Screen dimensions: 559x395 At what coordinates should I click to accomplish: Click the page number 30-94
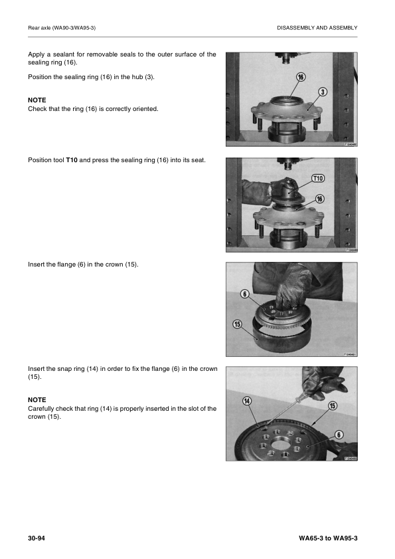[37, 537]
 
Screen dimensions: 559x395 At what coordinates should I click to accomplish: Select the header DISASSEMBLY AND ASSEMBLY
[317, 27]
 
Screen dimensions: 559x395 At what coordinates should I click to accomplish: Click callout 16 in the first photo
[301, 77]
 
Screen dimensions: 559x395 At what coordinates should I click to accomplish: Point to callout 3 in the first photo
[322, 92]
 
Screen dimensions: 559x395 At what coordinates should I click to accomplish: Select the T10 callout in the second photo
[318, 178]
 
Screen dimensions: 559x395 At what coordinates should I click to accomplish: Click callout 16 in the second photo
[319, 198]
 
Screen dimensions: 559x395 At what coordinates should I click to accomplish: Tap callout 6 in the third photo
[244, 293]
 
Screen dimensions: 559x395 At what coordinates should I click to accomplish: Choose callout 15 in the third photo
[237, 324]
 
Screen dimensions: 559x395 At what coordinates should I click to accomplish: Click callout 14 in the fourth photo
[246, 400]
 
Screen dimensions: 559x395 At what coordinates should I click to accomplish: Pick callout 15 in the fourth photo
[333, 405]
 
